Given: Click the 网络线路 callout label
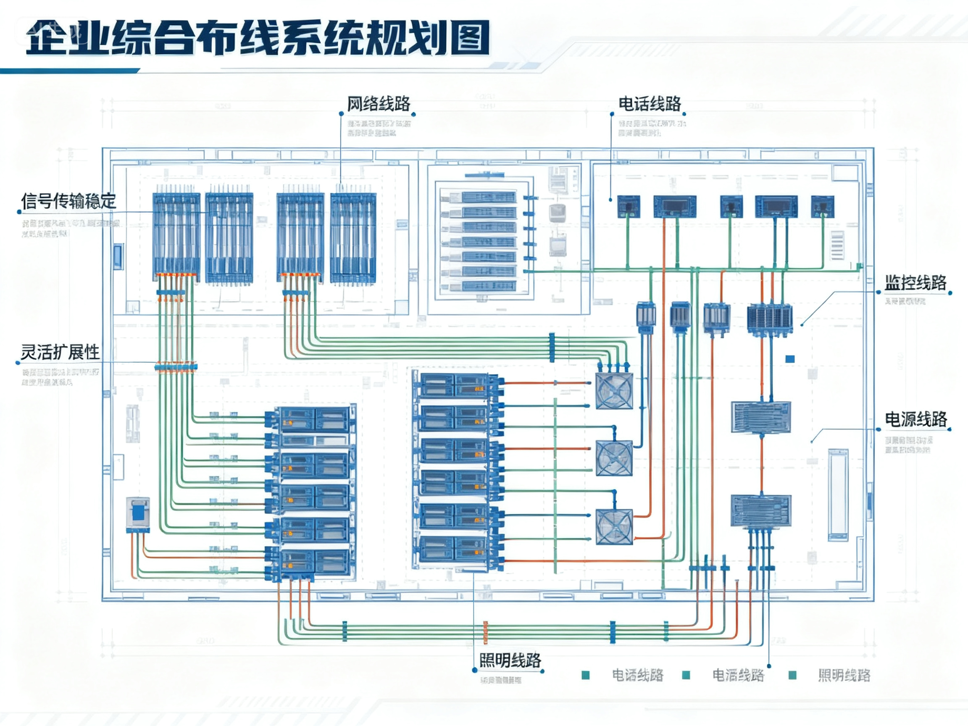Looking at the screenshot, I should point(379,104).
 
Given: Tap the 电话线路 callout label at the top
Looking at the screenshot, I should point(650,104).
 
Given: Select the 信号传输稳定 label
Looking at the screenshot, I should point(69,201).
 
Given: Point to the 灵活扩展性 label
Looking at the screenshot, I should point(60,352).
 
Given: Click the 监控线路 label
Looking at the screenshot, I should point(915,283).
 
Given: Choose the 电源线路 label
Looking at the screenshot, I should point(916,419).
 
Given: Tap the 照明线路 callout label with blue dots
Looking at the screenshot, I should point(510,660).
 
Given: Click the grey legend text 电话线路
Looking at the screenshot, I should point(637,675).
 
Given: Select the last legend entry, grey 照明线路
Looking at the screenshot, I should point(844,675).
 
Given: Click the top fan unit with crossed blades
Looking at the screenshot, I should point(614,391).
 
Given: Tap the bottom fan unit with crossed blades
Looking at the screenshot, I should point(614,527).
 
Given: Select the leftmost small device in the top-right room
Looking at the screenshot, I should point(629,207).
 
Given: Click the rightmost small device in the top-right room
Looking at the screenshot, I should point(822,207).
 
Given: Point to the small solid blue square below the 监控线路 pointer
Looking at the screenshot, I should point(790,359).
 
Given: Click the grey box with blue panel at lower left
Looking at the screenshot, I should point(138,514).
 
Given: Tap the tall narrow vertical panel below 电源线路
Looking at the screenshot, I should point(838,495).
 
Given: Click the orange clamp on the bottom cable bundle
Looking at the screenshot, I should point(485,632).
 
